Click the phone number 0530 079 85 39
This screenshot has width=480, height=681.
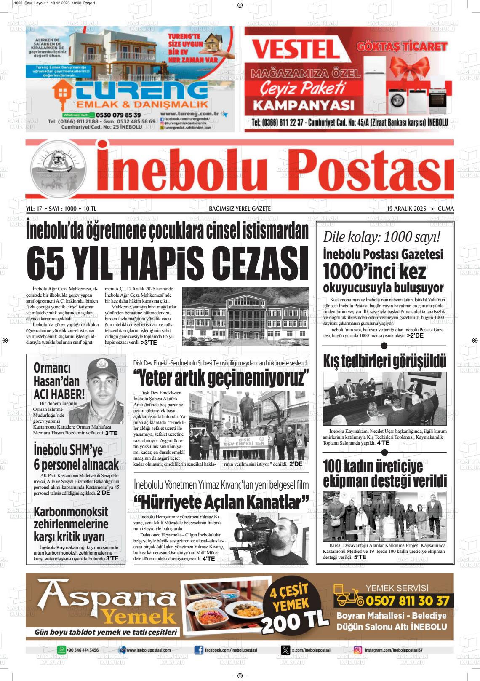[x=118, y=115]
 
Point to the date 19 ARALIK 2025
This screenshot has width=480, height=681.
[x=406, y=209]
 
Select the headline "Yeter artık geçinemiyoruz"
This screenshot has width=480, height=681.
[x=221, y=377]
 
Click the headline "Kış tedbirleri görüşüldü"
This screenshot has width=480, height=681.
[x=384, y=361]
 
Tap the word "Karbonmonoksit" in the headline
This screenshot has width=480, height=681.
[x=71, y=512]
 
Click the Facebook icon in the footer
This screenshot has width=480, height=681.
[x=199, y=650]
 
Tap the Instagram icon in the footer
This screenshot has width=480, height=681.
[x=358, y=650]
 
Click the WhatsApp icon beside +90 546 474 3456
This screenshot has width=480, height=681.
[x=62, y=650]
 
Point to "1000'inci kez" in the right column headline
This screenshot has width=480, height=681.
[x=374, y=271]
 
